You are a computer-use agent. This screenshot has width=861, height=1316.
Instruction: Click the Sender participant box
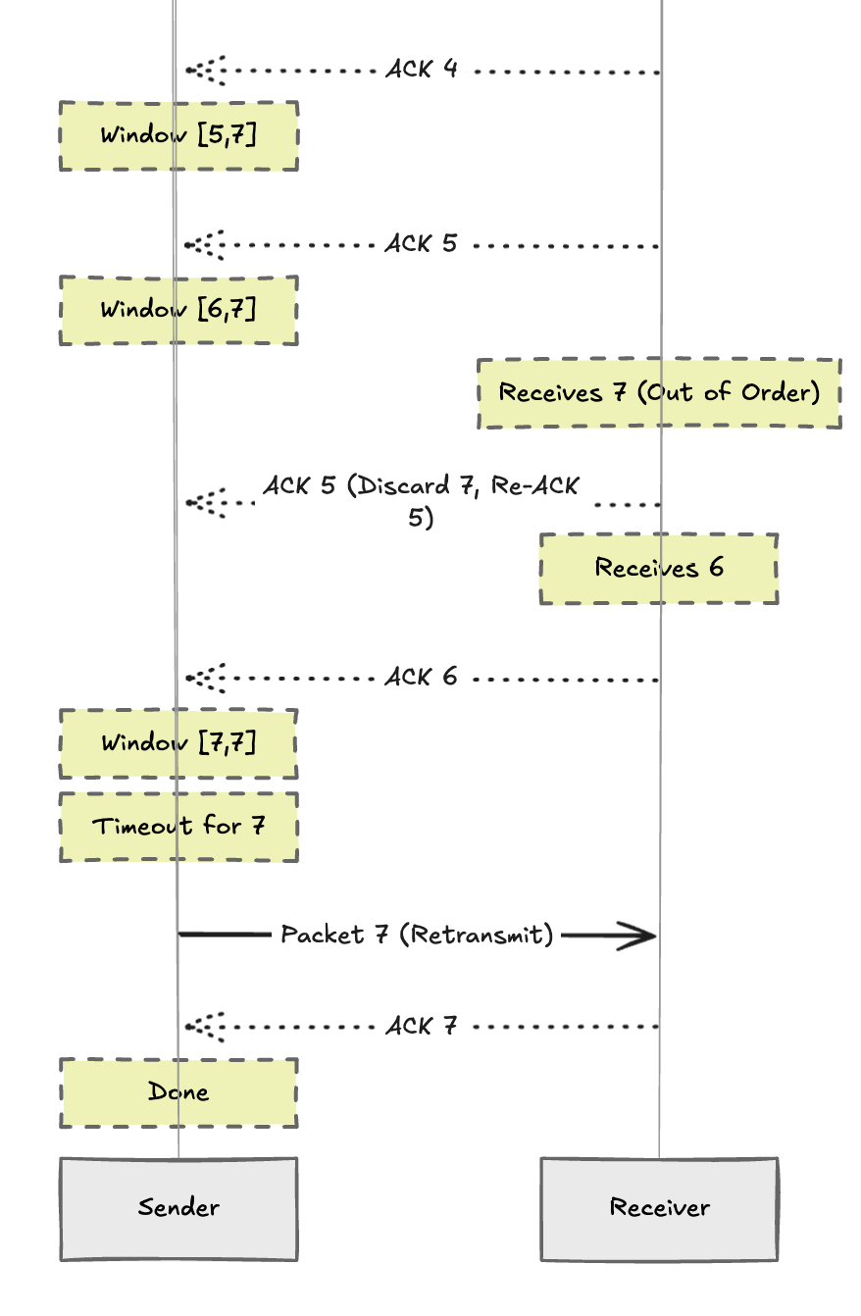click(x=178, y=1208)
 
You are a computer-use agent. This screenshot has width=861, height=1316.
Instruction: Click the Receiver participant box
click(x=659, y=1208)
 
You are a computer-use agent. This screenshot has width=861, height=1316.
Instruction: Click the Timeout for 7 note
click(x=178, y=827)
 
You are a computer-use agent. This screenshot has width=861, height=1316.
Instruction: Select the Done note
click(x=178, y=1092)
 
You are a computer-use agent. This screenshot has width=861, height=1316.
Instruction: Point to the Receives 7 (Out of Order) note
click(x=659, y=393)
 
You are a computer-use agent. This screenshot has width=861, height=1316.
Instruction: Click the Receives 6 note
click(x=659, y=569)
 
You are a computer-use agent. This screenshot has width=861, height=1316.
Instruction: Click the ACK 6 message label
click(x=422, y=678)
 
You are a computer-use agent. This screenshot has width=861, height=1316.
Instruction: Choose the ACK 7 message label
click(x=422, y=1027)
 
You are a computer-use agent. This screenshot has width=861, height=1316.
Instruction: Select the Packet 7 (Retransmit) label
click(x=417, y=936)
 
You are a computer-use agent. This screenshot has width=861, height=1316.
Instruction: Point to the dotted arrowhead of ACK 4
click(x=196, y=71)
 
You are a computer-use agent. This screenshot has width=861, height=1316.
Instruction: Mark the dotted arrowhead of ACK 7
click(x=196, y=1027)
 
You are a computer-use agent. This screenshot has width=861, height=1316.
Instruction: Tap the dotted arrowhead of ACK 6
click(x=196, y=678)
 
